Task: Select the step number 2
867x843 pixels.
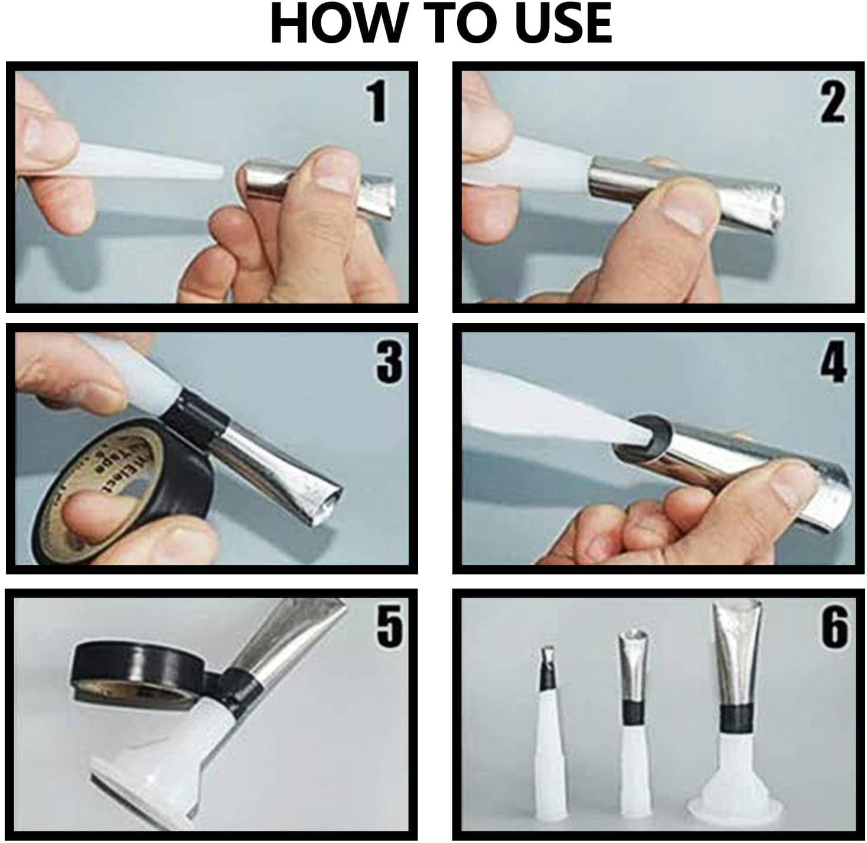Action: pos(832,102)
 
